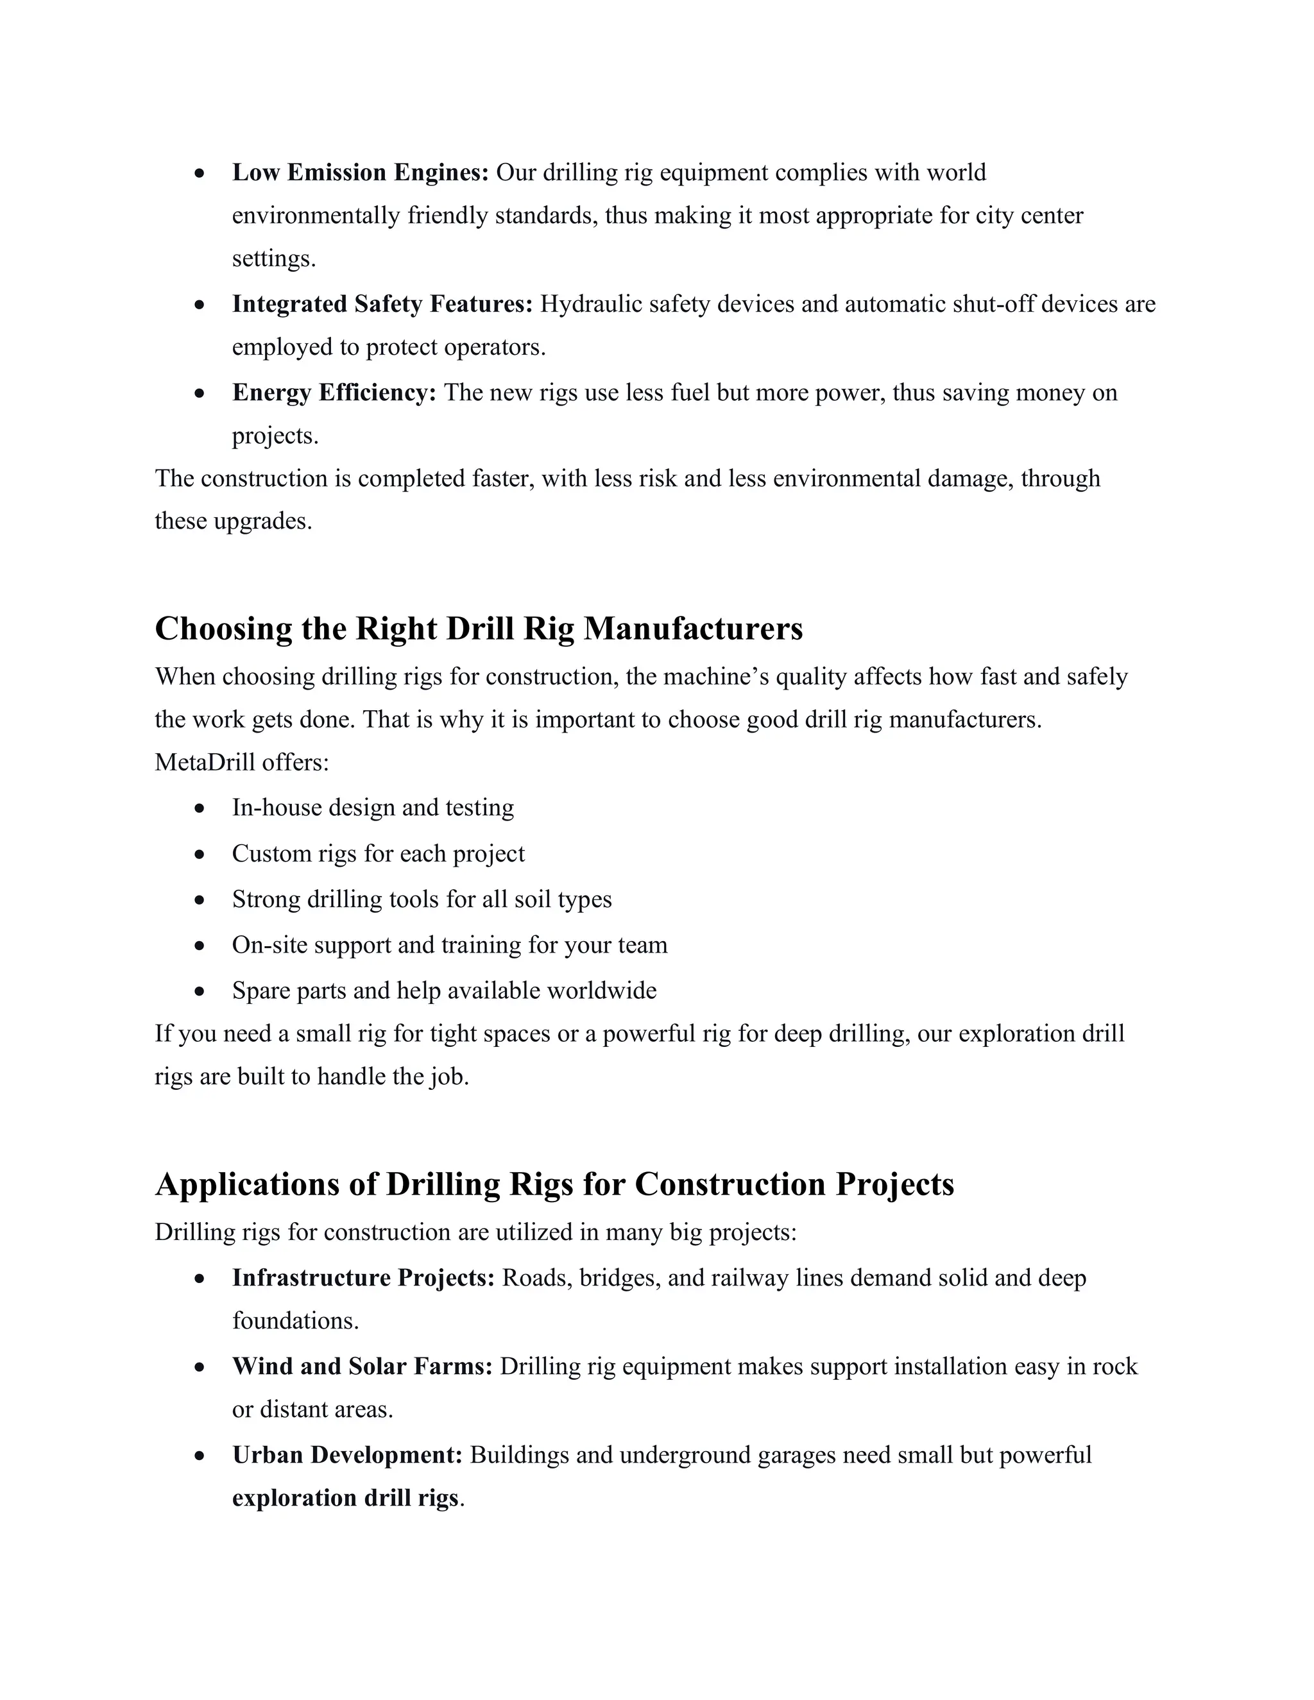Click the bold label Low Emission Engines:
point(360,172)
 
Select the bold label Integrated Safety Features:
point(382,303)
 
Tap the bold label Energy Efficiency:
point(334,393)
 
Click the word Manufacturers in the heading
point(693,629)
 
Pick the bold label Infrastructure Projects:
point(363,1278)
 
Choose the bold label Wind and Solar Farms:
point(362,1366)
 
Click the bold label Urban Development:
point(347,1455)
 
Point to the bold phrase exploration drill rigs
point(345,1498)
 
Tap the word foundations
point(295,1321)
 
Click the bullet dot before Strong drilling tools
point(200,901)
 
